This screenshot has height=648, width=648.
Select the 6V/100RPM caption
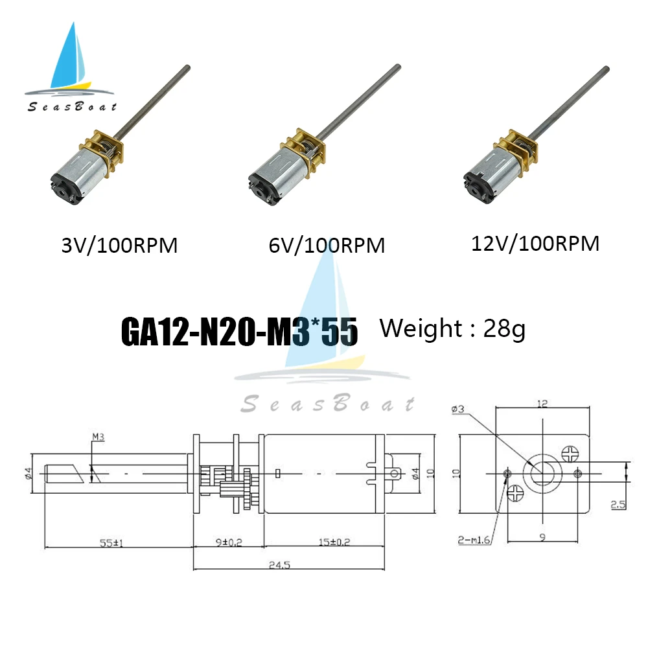(x=326, y=246)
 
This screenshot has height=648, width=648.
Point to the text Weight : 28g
(x=452, y=329)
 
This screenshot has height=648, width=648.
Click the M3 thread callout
(x=98, y=437)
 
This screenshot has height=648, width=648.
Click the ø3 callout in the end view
(x=457, y=410)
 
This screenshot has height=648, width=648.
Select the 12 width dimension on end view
(x=542, y=404)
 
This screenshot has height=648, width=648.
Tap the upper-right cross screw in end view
(x=571, y=452)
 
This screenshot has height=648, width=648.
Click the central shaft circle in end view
(x=542, y=472)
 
